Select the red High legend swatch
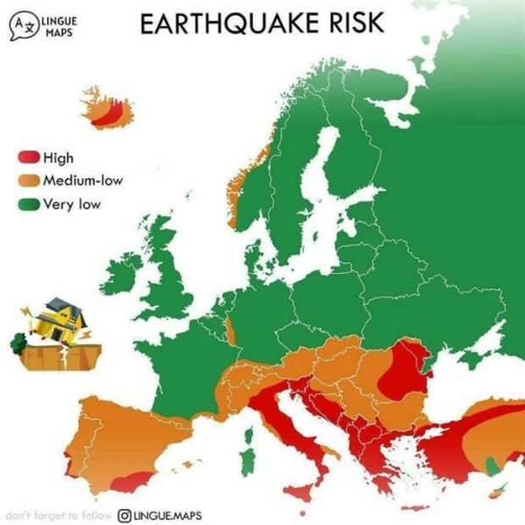coord(28,157)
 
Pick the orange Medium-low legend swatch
coord(28,180)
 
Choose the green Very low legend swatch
coord(28,203)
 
